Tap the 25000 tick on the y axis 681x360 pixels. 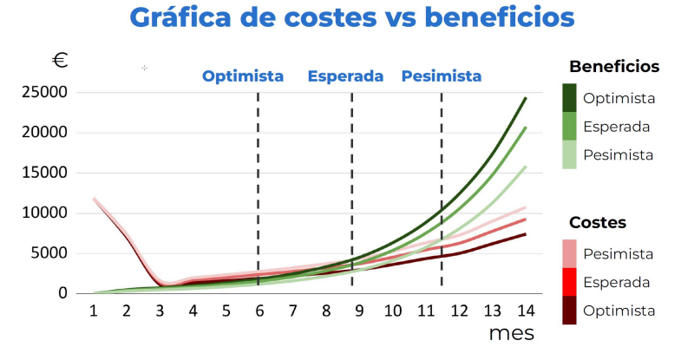tap(46, 92)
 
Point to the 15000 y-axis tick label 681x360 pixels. tap(46, 173)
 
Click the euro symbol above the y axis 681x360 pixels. tap(60, 61)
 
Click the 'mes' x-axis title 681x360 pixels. tap(512, 332)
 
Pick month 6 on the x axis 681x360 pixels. tap(259, 310)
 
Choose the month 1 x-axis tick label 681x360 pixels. tap(93, 310)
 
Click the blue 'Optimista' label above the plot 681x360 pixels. tap(243, 76)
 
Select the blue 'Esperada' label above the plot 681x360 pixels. tap(345, 76)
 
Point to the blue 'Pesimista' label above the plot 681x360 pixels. tap(441, 76)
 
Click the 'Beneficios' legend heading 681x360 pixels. tap(614, 67)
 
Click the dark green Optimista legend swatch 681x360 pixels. tap(570, 98)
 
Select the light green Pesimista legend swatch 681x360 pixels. tap(570, 154)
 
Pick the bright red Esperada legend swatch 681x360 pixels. tap(570, 282)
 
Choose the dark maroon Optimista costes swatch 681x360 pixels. tap(570, 311)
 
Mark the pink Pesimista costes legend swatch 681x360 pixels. tap(570, 253)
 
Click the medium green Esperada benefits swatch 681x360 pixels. tap(570, 127)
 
